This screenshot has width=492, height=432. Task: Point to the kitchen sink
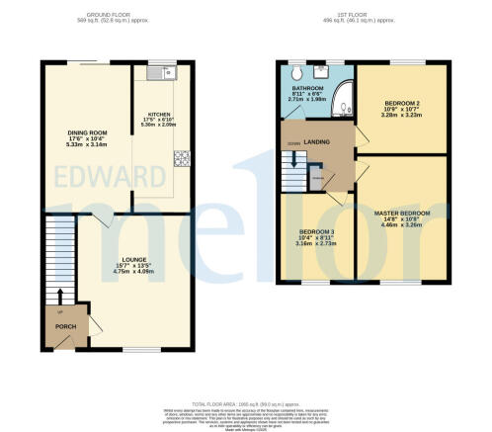(x=161, y=72)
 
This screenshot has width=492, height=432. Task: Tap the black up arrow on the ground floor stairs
(x=60, y=296)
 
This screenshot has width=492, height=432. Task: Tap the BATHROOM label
(x=307, y=86)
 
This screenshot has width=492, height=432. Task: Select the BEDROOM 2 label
(x=402, y=107)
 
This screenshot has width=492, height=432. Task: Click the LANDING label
(x=318, y=138)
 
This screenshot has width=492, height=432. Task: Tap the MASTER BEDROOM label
(x=401, y=213)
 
